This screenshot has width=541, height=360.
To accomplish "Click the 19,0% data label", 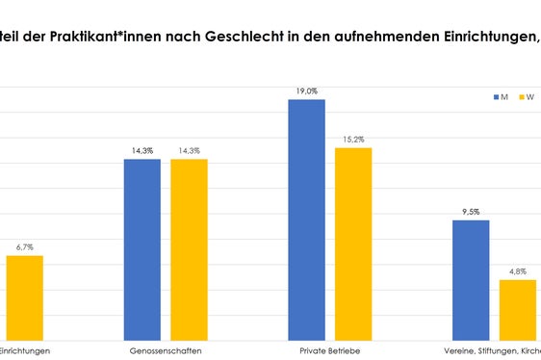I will (x=306, y=90).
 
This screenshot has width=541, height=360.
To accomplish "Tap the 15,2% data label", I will (x=352, y=140).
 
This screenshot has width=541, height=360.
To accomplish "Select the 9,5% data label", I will (x=471, y=212).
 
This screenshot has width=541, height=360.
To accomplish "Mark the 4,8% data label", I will (x=517, y=271).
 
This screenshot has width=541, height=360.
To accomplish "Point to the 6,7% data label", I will (x=23, y=247).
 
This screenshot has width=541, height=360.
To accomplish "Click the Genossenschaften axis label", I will (x=166, y=351).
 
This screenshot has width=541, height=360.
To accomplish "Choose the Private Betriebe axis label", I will (x=329, y=351).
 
